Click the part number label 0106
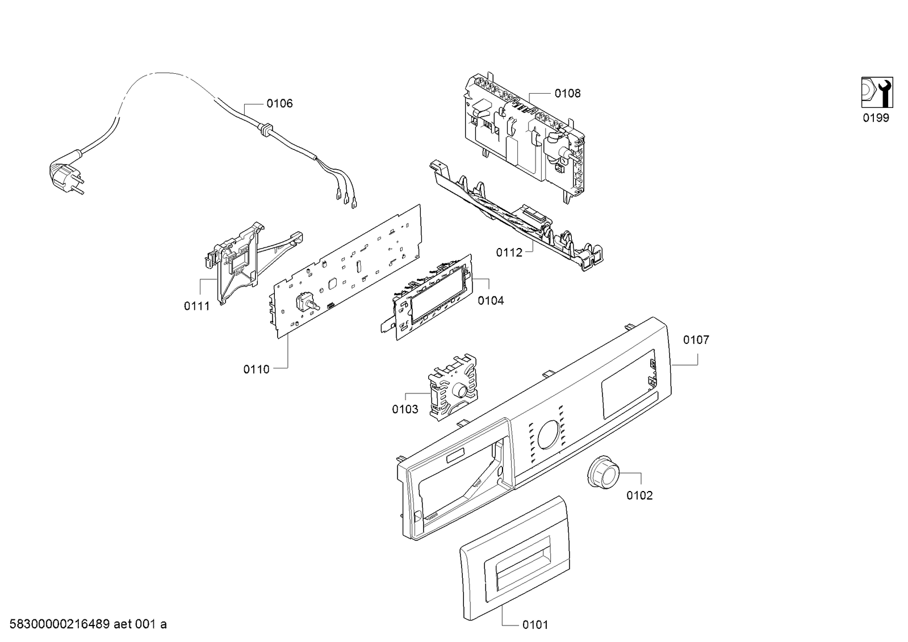279,103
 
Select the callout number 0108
567,94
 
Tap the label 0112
509,253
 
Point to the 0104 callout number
491,301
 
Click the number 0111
196,307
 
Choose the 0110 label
257,370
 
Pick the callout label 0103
405,409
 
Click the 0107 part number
696,340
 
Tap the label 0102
639,496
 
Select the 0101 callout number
535,625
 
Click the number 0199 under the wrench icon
876,118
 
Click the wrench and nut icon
877,92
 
